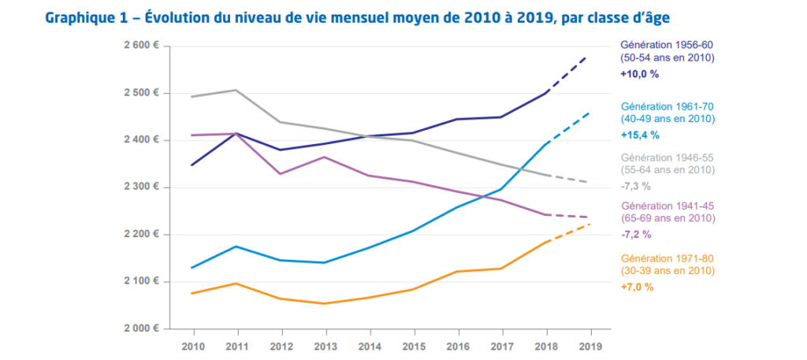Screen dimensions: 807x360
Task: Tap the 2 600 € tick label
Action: pyautogui.click(x=141, y=46)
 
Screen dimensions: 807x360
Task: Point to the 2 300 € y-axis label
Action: pyautogui.click(x=141, y=187)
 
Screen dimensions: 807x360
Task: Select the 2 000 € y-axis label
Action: pyautogui.click(x=141, y=328)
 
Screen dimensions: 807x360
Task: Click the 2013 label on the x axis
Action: pyautogui.click(x=325, y=345)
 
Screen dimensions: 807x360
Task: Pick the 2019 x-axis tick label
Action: pyautogui.click(x=591, y=345)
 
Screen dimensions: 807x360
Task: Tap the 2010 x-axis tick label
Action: pyautogui.click(x=194, y=345)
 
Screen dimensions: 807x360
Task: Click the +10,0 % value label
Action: pyautogui.click(x=640, y=74)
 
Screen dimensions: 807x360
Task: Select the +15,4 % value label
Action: pyautogui.click(x=640, y=135)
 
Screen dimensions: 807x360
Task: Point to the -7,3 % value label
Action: pyautogui.click(x=637, y=186)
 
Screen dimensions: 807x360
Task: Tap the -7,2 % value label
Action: pyautogui.click(x=637, y=235)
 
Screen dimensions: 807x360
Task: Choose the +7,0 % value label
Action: pyautogui.click(x=637, y=287)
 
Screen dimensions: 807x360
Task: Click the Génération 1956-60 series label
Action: pyautogui.click(x=668, y=44)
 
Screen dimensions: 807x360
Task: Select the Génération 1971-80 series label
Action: pyautogui.click(x=668, y=258)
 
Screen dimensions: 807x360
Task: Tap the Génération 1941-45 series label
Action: pyautogui.click(x=668, y=206)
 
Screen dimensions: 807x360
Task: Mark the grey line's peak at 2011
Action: pyautogui.click(x=236, y=90)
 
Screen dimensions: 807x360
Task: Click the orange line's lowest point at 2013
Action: pyautogui.click(x=325, y=303)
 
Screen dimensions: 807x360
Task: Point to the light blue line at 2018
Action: pyautogui.click(x=547, y=144)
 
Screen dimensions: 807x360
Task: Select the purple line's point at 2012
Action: pyautogui.click(x=281, y=174)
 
